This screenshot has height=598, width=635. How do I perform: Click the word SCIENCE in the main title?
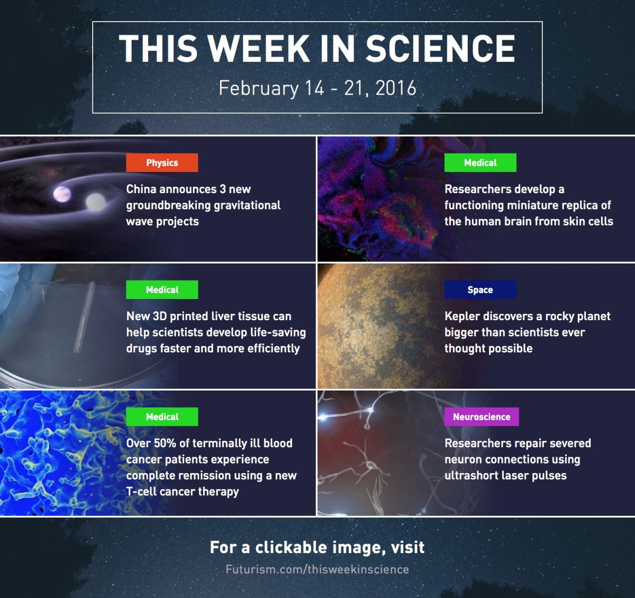(440, 48)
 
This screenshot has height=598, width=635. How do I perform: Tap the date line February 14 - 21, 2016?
(317, 88)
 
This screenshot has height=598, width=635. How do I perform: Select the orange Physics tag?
(162, 162)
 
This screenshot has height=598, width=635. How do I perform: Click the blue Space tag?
(480, 289)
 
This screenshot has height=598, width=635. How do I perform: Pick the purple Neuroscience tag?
(482, 416)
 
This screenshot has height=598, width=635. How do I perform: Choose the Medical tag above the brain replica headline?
(480, 162)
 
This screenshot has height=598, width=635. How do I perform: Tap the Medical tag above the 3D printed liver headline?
(162, 289)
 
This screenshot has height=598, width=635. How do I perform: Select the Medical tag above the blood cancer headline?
(162, 416)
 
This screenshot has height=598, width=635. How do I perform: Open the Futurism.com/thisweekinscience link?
(317, 569)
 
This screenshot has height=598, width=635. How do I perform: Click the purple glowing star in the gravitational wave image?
(62, 194)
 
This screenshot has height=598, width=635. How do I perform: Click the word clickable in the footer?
(291, 548)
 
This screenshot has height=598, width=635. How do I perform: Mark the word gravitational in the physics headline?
(247, 205)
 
